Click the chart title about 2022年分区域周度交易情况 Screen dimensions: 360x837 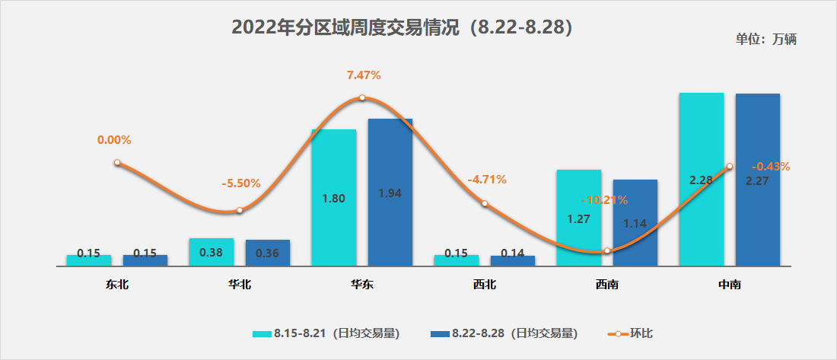pyautogui.click(x=402, y=27)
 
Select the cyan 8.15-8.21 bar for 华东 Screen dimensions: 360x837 pyautogui.click(x=333, y=198)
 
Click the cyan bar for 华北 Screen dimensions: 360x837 pyautogui.click(x=211, y=253)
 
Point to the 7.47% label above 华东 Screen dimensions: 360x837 pyautogui.click(x=363, y=75)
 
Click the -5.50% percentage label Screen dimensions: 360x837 pyautogui.click(x=241, y=183)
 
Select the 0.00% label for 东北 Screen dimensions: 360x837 pyautogui.click(x=114, y=140)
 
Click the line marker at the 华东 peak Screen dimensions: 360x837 pyautogui.click(x=362, y=97)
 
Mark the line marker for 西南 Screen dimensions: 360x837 pyautogui.click(x=607, y=250)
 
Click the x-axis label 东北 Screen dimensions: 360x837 pyautogui.click(x=117, y=285)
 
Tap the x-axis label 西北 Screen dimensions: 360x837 pyautogui.click(x=484, y=285)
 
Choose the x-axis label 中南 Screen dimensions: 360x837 pyautogui.click(x=729, y=285)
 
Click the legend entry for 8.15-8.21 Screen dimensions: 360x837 pyautogui.click(x=327, y=333)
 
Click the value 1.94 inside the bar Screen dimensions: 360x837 pyautogui.click(x=390, y=193)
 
